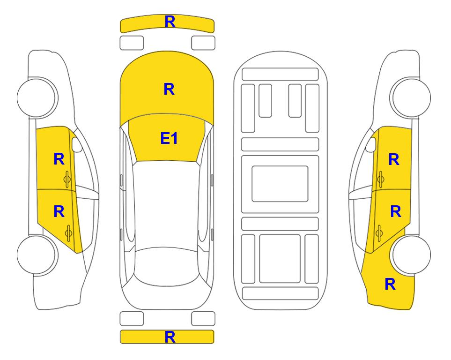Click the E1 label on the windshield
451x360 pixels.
pyautogui.click(x=169, y=138)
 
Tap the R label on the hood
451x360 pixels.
pyautogui.click(x=169, y=89)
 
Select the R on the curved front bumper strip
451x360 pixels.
pyautogui.click(x=170, y=22)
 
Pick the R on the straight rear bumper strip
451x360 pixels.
pyautogui.click(x=170, y=337)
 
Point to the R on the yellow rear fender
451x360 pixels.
pyautogui.click(x=390, y=284)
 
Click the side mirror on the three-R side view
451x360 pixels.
pyautogui.click(x=370, y=144)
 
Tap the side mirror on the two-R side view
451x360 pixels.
pyautogui.click(x=77, y=144)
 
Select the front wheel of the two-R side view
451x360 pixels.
pyautogui.click(x=37, y=97)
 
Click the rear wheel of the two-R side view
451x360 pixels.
pyautogui.click(x=37, y=255)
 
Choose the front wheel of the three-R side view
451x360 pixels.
pyautogui.click(x=410, y=97)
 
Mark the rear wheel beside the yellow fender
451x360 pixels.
pyautogui.click(x=411, y=255)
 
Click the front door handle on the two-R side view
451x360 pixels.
pyautogui.click(x=67, y=180)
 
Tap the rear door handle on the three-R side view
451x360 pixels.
pyautogui.click(x=380, y=233)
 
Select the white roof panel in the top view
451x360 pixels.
pyautogui.click(x=167, y=204)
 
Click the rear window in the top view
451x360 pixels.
pyautogui.click(x=167, y=266)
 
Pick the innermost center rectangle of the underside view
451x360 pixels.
pyautogui.click(x=280, y=184)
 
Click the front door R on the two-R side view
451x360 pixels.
pyautogui.click(x=59, y=159)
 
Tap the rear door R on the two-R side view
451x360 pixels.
pyautogui.click(x=59, y=212)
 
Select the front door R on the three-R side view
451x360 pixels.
pyautogui.click(x=394, y=159)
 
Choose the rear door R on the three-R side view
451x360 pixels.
pyautogui.click(x=395, y=212)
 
